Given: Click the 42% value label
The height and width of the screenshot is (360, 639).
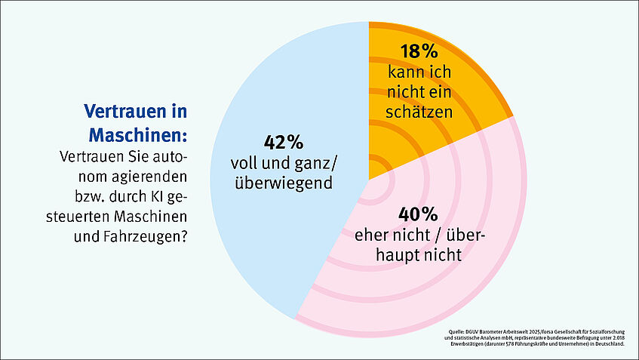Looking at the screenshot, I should click(x=283, y=142).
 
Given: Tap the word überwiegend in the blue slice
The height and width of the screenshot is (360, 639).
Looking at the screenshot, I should click(x=283, y=182).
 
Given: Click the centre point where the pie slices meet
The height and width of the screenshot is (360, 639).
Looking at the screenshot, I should click(x=368, y=180).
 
